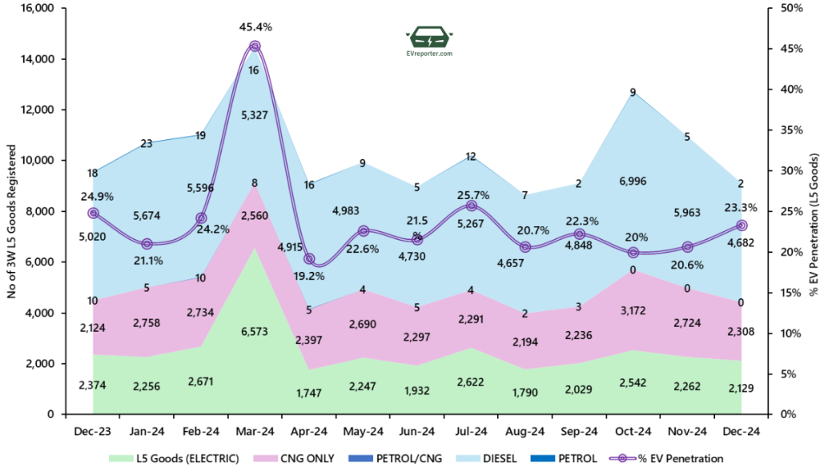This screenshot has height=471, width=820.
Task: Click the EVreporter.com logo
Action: (429, 41)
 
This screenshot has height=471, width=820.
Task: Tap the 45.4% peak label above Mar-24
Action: (255, 27)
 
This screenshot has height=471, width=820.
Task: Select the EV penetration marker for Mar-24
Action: (255, 46)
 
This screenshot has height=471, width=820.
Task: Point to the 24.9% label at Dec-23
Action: (94, 196)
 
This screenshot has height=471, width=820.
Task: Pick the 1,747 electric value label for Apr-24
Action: (309, 393)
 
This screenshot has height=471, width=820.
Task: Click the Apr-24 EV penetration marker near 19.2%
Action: (309, 259)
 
